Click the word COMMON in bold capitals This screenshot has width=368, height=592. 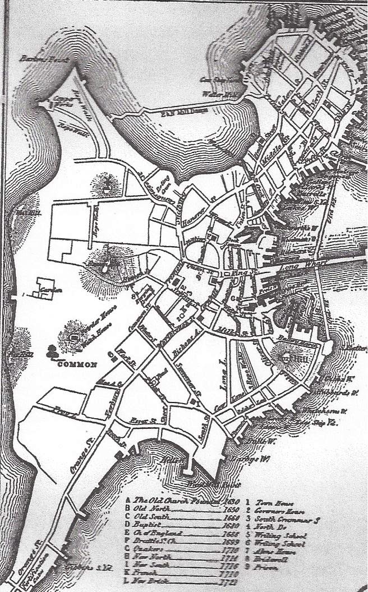[x=77, y=364]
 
